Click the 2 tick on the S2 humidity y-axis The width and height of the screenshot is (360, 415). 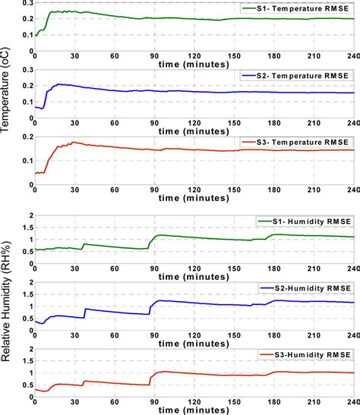coord(29,283)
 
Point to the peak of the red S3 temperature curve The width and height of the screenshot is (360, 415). coord(74,142)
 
